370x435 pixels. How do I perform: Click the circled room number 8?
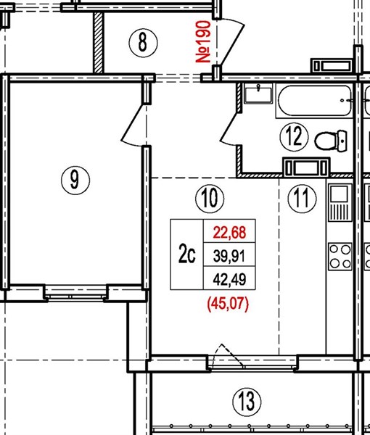tap(143, 43)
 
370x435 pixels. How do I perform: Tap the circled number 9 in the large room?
tap(75, 180)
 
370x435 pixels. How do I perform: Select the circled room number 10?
tap(210, 199)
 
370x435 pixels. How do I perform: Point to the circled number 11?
tap(302, 199)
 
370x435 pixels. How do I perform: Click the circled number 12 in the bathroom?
tap(295, 137)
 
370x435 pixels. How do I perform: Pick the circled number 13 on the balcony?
tap(247, 402)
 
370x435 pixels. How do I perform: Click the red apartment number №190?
tap(203, 41)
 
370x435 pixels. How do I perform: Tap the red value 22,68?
tap(229, 233)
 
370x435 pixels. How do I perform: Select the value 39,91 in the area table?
tap(229, 256)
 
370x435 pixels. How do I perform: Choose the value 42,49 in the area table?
tap(229, 279)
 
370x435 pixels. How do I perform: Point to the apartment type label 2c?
tap(186, 255)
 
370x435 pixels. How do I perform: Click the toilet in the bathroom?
tap(331, 141)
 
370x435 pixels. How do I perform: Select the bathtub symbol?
tap(315, 101)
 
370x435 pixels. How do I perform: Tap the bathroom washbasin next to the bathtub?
tap(258, 94)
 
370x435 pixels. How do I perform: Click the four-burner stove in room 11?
tap(340, 257)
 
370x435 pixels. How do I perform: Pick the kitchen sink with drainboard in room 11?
tap(340, 202)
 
